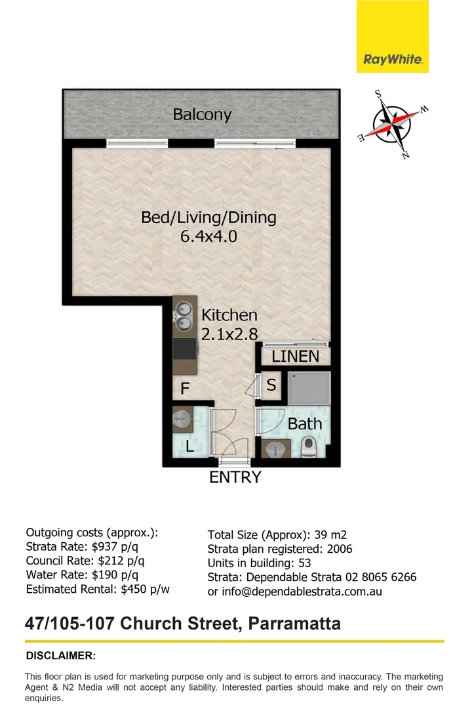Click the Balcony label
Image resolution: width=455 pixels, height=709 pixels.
click(202, 114)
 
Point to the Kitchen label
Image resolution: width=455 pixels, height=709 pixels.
click(229, 315)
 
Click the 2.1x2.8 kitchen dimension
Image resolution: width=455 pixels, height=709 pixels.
click(229, 333)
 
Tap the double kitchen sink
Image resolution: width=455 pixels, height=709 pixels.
click(184, 316)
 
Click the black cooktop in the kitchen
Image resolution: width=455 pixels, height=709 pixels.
click(185, 349)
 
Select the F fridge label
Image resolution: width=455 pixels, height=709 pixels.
click(185, 389)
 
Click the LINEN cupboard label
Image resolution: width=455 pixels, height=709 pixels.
click(295, 356)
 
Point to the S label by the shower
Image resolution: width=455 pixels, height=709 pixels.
click(271, 385)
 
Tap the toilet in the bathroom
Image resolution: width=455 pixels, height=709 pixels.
click(309, 448)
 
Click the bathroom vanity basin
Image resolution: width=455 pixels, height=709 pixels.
click(275, 449)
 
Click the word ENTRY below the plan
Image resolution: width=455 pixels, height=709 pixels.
click(235, 477)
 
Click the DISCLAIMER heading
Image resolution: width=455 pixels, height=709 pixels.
click(60, 655)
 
